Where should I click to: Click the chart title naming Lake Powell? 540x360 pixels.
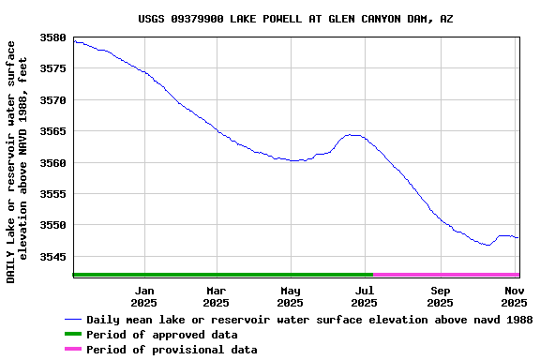click(295, 18)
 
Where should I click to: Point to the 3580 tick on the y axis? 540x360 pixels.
click(54, 37)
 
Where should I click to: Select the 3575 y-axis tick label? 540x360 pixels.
click(54, 68)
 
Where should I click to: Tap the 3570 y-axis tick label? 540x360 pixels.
click(54, 100)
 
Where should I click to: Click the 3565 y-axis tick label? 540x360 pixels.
click(54, 131)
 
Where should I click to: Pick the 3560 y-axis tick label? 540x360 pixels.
click(54, 163)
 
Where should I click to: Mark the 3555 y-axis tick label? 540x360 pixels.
click(54, 194)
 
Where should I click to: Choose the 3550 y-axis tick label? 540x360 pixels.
click(54, 226)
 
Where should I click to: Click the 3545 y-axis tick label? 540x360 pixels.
click(54, 257)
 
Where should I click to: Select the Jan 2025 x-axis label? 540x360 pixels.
click(143, 296)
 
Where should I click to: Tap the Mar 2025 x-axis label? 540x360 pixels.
click(216, 296)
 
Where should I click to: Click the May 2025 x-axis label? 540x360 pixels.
click(290, 296)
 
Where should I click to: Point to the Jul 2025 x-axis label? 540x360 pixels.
click(365, 296)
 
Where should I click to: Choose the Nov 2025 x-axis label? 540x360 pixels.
click(514, 296)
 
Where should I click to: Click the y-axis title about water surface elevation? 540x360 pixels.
click(17, 161)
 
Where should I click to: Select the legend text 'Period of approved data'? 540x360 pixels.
click(161, 335)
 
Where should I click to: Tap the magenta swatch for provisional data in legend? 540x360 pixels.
click(72, 350)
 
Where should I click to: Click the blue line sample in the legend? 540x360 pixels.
click(72, 320)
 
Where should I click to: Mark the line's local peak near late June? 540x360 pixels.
click(352, 135)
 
